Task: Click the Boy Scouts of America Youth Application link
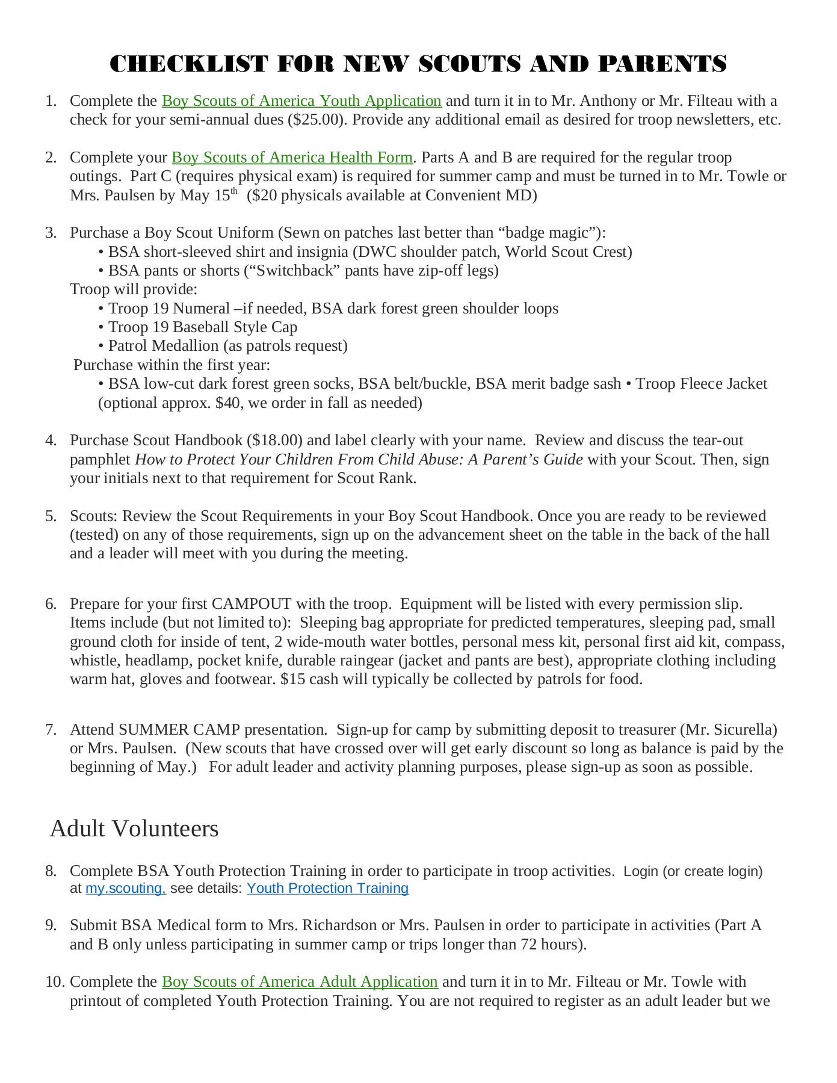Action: point(301,101)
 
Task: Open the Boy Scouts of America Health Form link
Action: point(292,158)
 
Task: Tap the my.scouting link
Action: point(125,889)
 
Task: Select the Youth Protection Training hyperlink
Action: point(327,889)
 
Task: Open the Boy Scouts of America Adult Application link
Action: point(300,982)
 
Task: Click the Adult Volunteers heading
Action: point(134,828)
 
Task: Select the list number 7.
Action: point(51,730)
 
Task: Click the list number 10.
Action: point(54,982)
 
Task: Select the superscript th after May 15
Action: point(235,191)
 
